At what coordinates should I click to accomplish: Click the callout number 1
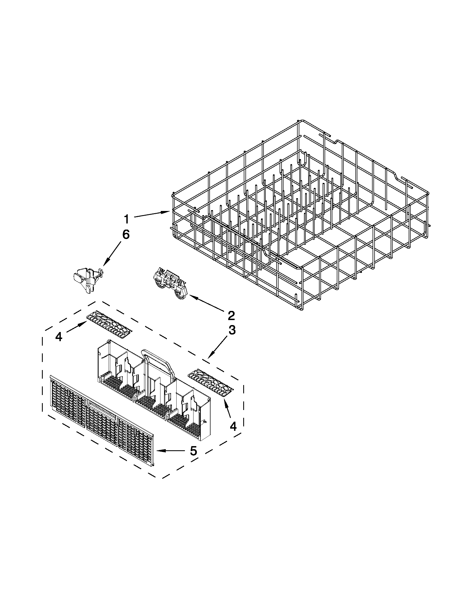pos(127,219)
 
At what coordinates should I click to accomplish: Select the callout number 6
pos(125,234)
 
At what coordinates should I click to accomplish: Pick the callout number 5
pos(193,451)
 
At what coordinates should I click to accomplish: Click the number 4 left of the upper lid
pos(59,337)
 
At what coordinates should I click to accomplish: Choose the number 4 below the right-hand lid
pos(233,426)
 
